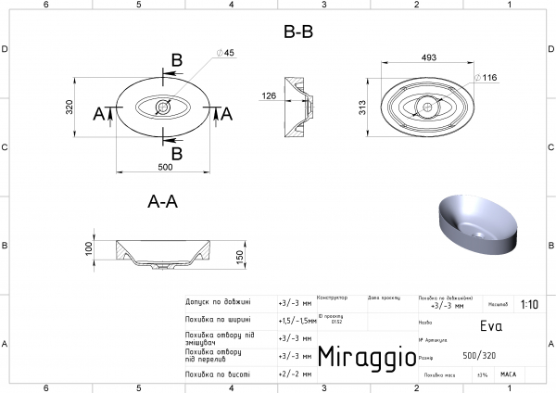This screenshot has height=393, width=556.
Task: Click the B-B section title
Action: pyautogui.click(x=298, y=32)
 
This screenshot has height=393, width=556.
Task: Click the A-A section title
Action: pyautogui.click(x=163, y=203)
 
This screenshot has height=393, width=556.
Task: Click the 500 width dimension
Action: pyautogui.click(x=164, y=168)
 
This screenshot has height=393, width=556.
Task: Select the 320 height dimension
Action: pyautogui.click(x=69, y=108)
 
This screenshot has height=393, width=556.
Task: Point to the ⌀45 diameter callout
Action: pyautogui.click(x=223, y=53)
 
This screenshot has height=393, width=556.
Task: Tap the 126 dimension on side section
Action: pyautogui.click(x=269, y=95)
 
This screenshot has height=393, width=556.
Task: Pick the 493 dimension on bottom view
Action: pyautogui.click(x=428, y=57)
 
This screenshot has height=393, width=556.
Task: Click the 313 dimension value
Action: pyautogui.click(x=364, y=108)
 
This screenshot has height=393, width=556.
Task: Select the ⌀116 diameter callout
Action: pyautogui.click(x=489, y=77)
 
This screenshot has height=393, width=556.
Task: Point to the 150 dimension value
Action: pyautogui.click(x=239, y=255)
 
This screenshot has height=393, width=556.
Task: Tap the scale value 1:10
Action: pyautogui.click(x=530, y=303)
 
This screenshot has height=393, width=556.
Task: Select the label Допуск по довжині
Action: pyautogui.click(x=219, y=302)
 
